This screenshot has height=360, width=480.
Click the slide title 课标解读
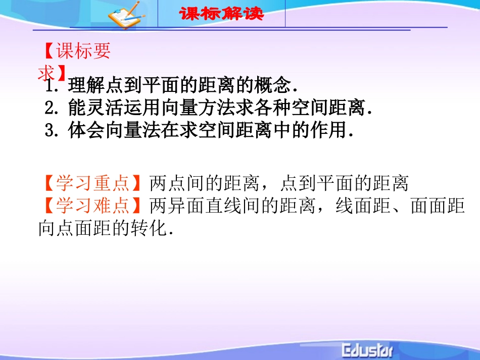221,14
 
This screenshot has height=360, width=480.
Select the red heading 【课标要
76,53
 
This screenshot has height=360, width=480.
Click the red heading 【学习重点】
93,184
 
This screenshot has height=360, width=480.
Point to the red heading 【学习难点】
93,206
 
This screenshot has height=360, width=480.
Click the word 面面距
438,206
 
